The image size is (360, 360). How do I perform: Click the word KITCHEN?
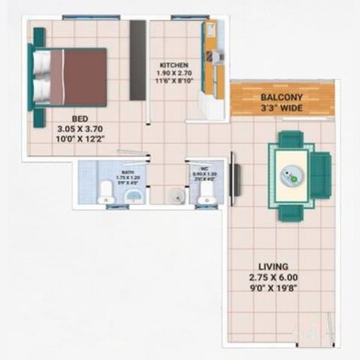click(x=174, y=66)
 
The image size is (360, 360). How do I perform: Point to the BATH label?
click(x=128, y=172)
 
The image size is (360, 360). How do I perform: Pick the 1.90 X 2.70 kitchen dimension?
click(x=174, y=76)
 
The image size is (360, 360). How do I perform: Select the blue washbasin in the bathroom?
click(x=133, y=195)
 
